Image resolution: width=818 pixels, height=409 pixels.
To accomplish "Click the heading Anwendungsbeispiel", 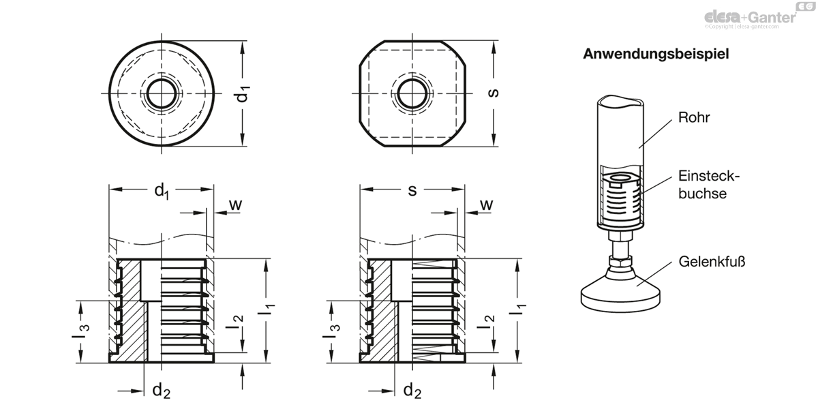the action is point(656,54).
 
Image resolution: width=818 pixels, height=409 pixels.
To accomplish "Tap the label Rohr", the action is point(694,117).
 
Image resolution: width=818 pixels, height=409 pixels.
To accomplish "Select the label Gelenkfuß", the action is point(712,262).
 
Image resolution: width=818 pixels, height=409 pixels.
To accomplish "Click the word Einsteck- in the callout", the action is point(709,177).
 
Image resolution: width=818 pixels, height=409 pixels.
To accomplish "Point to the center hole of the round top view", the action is point(162,93).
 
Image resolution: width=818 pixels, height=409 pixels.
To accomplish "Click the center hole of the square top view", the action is point(412,93).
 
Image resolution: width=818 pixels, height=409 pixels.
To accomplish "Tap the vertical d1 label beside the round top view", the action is point(243,94).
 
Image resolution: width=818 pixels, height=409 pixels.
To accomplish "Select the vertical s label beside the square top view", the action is point(493,93).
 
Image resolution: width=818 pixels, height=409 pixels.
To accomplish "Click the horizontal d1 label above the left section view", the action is point(162,192).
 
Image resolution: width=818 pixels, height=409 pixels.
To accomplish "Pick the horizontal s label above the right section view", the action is point(412,191).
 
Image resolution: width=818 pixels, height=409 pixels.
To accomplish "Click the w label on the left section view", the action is point(236,205).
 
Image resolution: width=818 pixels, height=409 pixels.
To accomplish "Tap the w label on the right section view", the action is point(486,205).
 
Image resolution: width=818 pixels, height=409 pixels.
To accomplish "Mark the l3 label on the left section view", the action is point(80,331).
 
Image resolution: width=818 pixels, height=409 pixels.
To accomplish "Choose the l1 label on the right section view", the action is point(518,309).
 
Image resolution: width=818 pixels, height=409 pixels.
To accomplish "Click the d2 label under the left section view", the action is point(162,391).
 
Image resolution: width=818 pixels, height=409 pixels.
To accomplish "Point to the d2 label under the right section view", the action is point(412,391).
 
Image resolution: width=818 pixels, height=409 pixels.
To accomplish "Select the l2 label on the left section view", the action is point(234,322).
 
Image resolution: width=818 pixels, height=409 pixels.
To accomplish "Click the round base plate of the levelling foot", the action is point(620,298).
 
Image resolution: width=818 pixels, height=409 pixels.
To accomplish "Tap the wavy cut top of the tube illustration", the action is point(620,101).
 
